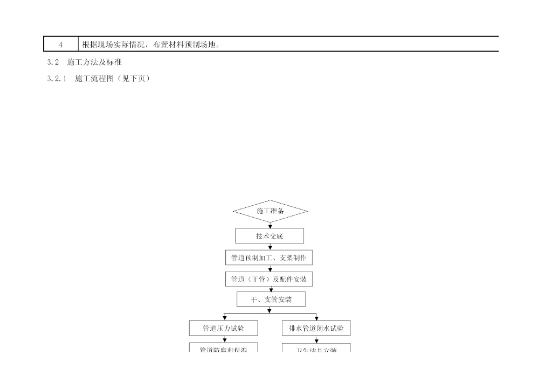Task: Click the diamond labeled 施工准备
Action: click(x=270, y=211)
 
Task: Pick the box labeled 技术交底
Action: click(x=270, y=236)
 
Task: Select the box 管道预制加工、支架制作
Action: click(x=268, y=258)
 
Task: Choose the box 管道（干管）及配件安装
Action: click(x=268, y=279)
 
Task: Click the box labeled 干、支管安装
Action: click(x=271, y=300)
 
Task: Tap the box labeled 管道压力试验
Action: click(x=223, y=328)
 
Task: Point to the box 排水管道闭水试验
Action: click(x=316, y=328)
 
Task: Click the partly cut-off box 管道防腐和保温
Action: click(x=223, y=348)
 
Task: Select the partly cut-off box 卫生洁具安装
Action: click(x=316, y=348)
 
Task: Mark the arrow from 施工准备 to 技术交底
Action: click(x=270, y=225)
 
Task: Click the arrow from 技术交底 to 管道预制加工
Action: click(x=270, y=247)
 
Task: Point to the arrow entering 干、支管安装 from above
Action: click(x=270, y=289)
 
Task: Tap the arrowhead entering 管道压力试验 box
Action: click(x=224, y=318)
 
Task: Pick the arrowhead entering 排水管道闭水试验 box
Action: click(x=316, y=318)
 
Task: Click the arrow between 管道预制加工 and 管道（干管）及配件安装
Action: click(x=270, y=268)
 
